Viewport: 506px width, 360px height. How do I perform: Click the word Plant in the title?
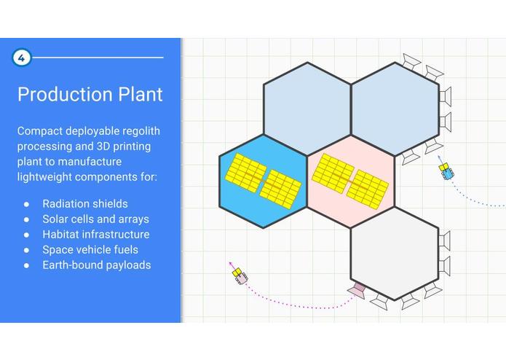(x=138, y=95)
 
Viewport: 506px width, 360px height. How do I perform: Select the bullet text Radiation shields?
(x=85, y=204)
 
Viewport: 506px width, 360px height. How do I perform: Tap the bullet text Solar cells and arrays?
(x=96, y=219)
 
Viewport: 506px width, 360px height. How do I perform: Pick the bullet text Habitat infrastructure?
(x=96, y=235)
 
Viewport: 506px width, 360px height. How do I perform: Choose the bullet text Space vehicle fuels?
(x=90, y=250)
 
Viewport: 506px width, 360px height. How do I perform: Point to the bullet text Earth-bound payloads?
(x=97, y=265)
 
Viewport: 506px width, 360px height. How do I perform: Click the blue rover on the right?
(x=446, y=171)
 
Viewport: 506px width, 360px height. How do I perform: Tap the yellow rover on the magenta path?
(x=239, y=275)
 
